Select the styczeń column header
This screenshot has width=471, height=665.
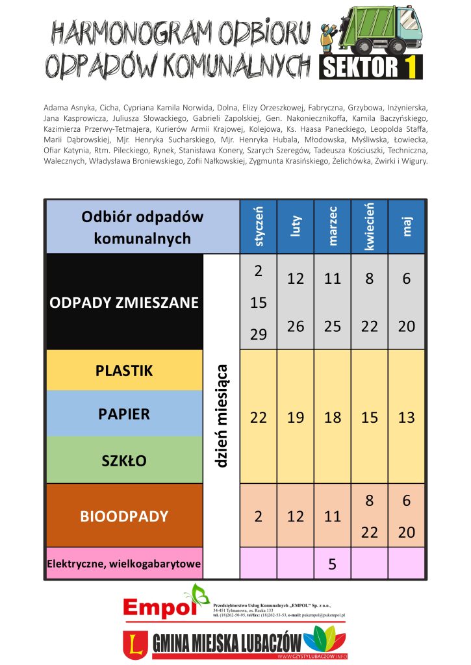click(259, 227)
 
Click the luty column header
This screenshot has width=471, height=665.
click(296, 227)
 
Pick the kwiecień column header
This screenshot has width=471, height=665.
click(370, 227)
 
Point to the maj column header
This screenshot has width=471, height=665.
click(407, 227)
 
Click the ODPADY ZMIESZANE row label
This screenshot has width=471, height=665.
click(124, 303)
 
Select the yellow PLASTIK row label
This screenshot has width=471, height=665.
click(124, 370)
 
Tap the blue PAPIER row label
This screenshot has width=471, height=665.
click(124, 414)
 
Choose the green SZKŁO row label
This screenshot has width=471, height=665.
click(124, 460)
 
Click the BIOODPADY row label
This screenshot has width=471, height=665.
click(124, 516)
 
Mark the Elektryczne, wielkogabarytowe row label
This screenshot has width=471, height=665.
click(123, 564)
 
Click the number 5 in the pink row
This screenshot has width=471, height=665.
click(332, 564)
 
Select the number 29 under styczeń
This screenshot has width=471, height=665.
click(259, 334)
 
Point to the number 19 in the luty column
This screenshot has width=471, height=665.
click(296, 418)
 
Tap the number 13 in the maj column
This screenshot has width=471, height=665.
click(407, 418)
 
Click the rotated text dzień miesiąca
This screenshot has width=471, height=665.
click(222, 416)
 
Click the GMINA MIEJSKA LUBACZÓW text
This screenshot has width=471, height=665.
click(227, 644)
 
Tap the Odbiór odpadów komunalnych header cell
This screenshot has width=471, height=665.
click(142, 227)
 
